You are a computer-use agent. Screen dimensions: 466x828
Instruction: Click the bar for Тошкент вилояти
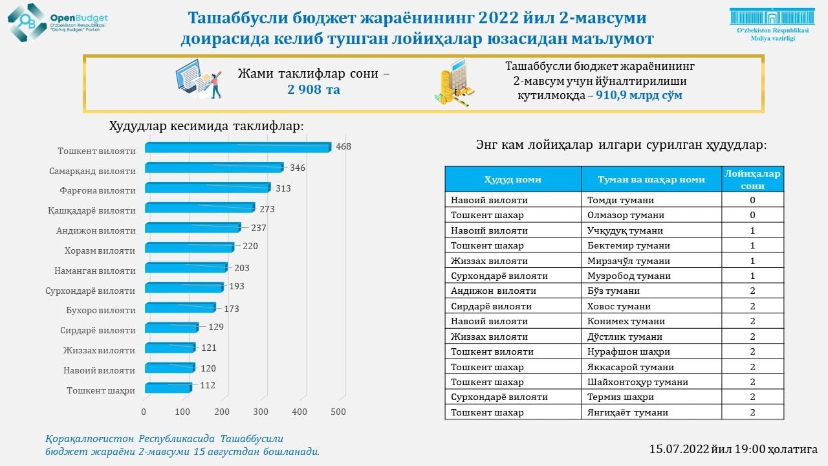click(x=237, y=148)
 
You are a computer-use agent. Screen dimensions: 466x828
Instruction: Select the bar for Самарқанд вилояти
click(x=213, y=168)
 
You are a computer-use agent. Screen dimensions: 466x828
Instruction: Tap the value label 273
click(x=267, y=209)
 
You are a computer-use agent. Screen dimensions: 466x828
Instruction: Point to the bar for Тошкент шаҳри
click(x=168, y=388)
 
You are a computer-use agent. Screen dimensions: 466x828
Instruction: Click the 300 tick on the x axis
click(x=261, y=412)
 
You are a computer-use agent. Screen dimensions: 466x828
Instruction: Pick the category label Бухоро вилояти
click(x=100, y=311)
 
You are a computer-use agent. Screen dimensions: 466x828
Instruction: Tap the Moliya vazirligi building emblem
click(x=772, y=17)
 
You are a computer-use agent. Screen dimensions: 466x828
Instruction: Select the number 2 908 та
click(x=314, y=89)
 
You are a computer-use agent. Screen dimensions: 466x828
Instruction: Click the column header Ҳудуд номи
click(x=513, y=179)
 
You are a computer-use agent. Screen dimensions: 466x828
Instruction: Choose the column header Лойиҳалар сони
click(x=752, y=179)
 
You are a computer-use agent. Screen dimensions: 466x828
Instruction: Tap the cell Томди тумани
click(x=620, y=200)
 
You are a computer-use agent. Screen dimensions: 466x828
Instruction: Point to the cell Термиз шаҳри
click(x=620, y=397)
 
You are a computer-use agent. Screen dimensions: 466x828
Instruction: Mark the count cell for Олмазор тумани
click(x=752, y=215)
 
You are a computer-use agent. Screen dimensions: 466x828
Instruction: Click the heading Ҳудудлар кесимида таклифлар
click(x=206, y=126)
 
